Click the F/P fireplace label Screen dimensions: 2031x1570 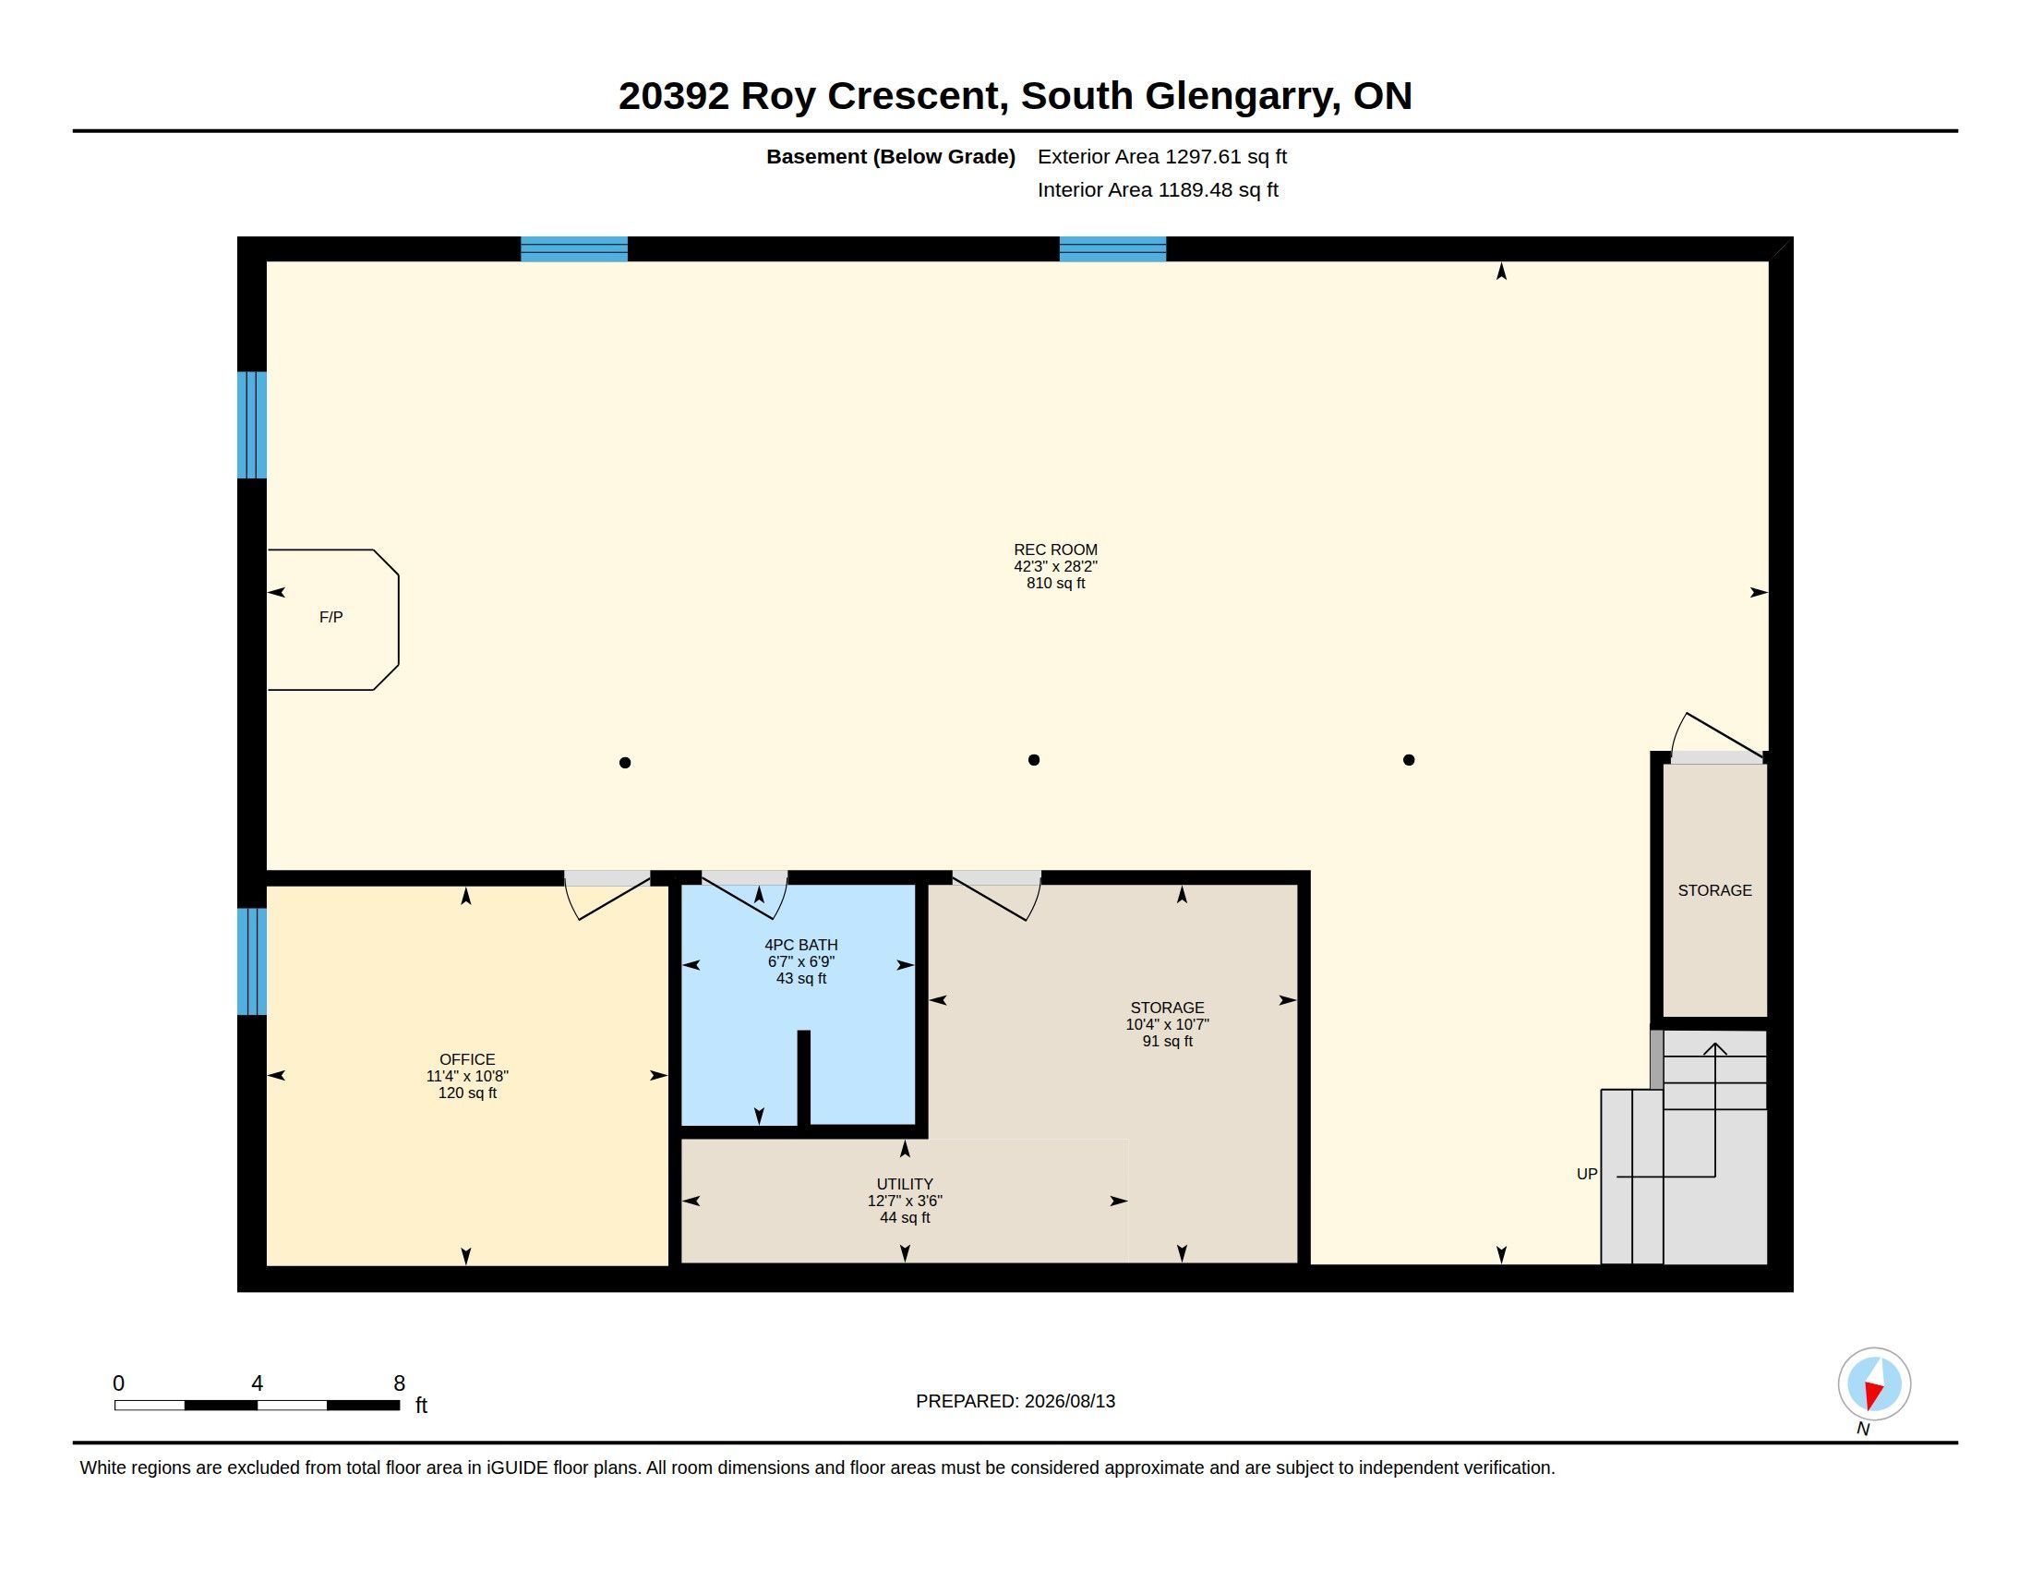[x=331, y=617]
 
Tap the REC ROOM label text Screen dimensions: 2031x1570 [x=1055, y=549]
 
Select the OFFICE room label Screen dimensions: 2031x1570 [x=467, y=1059]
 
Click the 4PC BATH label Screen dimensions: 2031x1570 [x=800, y=945]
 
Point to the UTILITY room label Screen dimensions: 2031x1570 [x=905, y=1184]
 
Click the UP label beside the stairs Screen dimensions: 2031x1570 [x=1586, y=1174]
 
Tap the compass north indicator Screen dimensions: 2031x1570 [x=1874, y=1384]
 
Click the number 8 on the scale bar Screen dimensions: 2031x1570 [x=399, y=1383]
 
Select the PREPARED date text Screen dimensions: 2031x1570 [x=1015, y=1401]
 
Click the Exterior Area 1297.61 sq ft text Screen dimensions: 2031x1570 [x=1162, y=156]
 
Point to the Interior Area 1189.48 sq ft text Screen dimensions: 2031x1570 [x=1158, y=189]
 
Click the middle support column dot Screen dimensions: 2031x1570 [x=1033, y=760]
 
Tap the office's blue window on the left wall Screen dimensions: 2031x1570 [x=252, y=960]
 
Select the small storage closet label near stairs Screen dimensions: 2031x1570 [x=1715, y=890]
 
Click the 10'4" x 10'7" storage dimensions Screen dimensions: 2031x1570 [x=1167, y=1024]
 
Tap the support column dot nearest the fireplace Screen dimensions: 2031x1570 [x=625, y=763]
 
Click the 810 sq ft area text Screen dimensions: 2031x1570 [x=1055, y=583]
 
